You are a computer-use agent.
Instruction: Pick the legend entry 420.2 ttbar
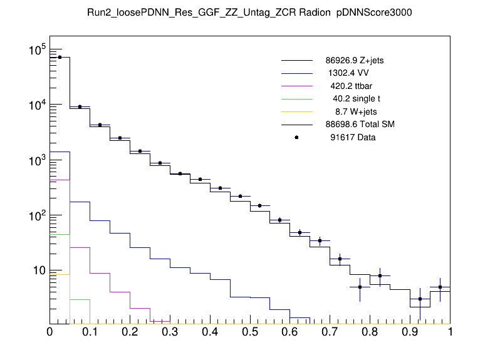pyautogui.click(x=352, y=86)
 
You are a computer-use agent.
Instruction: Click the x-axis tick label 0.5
pyautogui.click(x=250, y=332)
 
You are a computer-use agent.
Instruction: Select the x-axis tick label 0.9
pyautogui.click(x=410, y=332)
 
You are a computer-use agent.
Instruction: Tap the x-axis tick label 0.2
pyautogui.click(x=130, y=332)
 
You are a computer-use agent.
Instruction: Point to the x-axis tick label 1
pyautogui.click(x=450, y=332)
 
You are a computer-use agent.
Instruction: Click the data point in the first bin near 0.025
pyautogui.click(x=60, y=57)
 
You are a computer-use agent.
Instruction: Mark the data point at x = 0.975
pyautogui.click(x=440, y=287)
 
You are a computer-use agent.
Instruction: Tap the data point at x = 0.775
pyautogui.click(x=360, y=287)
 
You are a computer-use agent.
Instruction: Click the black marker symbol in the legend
pyautogui.click(x=296, y=137)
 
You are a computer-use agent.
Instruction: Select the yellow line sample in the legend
pyautogui.click(x=296, y=111)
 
